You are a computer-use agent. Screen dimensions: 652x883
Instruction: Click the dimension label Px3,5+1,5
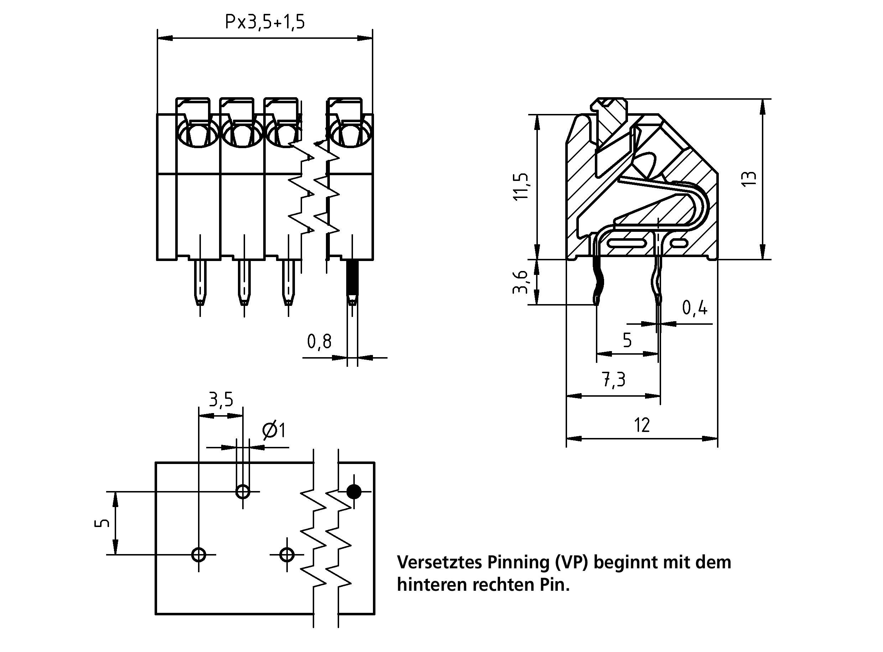265,22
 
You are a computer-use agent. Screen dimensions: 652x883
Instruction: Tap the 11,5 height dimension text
521,186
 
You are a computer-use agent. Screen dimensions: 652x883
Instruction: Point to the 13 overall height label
748,179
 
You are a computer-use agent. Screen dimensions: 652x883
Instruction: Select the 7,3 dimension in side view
614,380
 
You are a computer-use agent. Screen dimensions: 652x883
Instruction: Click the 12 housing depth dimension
642,425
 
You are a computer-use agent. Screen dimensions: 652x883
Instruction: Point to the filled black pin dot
354,492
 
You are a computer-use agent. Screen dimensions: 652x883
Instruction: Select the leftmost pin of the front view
200,282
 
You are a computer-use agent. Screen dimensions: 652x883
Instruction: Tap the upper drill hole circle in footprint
243,492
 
